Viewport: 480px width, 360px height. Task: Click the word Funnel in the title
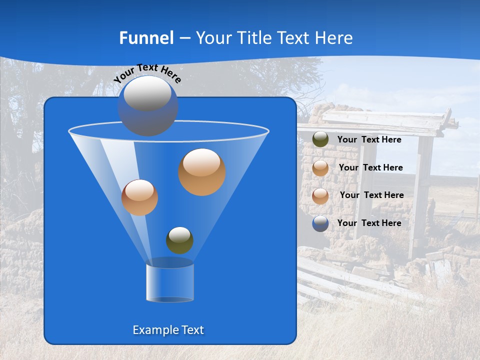(146, 38)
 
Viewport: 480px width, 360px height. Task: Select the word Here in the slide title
(335, 38)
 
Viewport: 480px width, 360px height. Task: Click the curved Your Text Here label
(147, 73)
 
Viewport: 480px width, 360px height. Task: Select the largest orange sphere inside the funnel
(202, 172)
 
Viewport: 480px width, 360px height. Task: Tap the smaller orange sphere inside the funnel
(139, 197)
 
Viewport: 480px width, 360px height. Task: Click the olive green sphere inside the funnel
(179, 240)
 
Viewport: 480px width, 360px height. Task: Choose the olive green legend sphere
(320, 139)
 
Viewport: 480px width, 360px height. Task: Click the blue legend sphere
(320, 223)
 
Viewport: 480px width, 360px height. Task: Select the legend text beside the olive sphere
(369, 140)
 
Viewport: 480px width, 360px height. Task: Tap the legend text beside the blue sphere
(369, 223)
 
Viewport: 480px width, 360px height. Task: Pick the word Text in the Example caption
(192, 330)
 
